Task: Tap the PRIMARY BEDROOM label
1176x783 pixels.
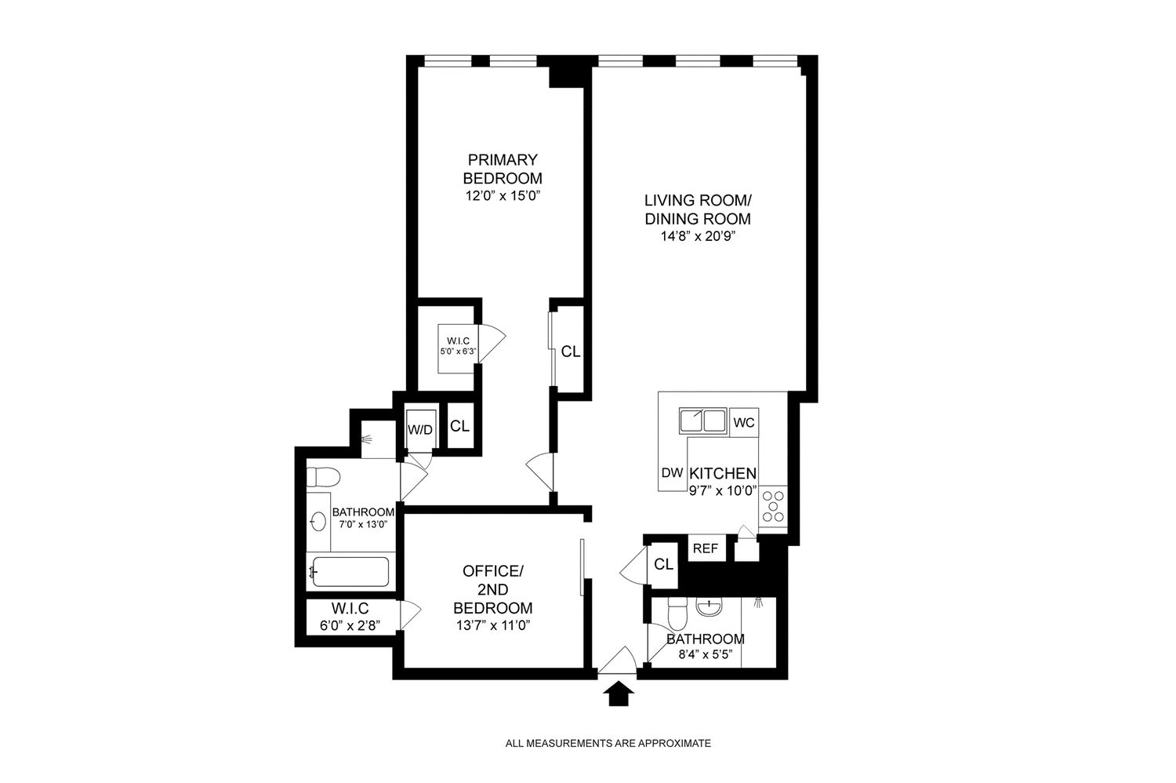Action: (x=503, y=168)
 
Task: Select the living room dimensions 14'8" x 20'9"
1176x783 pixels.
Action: (x=697, y=236)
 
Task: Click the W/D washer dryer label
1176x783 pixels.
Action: (x=419, y=429)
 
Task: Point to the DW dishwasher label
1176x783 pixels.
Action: (x=671, y=472)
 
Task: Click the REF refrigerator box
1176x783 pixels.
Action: (x=705, y=548)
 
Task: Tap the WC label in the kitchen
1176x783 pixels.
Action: (x=743, y=423)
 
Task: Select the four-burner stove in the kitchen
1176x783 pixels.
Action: (x=772, y=506)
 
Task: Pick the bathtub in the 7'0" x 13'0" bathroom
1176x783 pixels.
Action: (x=350, y=572)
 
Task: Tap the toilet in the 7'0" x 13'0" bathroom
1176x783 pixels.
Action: (x=322, y=476)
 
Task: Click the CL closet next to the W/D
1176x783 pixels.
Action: (x=459, y=426)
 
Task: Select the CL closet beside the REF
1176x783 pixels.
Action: (x=663, y=564)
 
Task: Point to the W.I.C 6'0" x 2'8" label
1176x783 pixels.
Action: (x=350, y=615)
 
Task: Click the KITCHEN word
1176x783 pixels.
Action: (x=722, y=474)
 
